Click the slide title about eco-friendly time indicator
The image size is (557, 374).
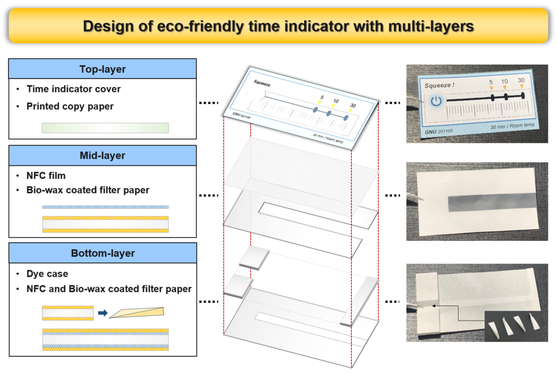click(x=278, y=26)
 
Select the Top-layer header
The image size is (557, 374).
click(x=102, y=69)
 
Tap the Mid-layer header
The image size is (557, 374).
click(x=102, y=155)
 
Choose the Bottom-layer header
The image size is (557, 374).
click(x=102, y=253)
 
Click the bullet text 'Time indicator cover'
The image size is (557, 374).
click(x=73, y=89)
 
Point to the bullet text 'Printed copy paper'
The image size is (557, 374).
click(x=70, y=106)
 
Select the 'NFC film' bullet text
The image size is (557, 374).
click(x=46, y=176)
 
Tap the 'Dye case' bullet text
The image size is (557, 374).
click(x=47, y=274)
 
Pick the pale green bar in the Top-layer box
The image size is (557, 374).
click(x=105, y=128)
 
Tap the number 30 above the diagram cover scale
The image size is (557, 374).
click(x=352, y=105)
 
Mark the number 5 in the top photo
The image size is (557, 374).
click(x=491, y=83)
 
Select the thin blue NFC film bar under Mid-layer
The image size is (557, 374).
click(x=105, y=207)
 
